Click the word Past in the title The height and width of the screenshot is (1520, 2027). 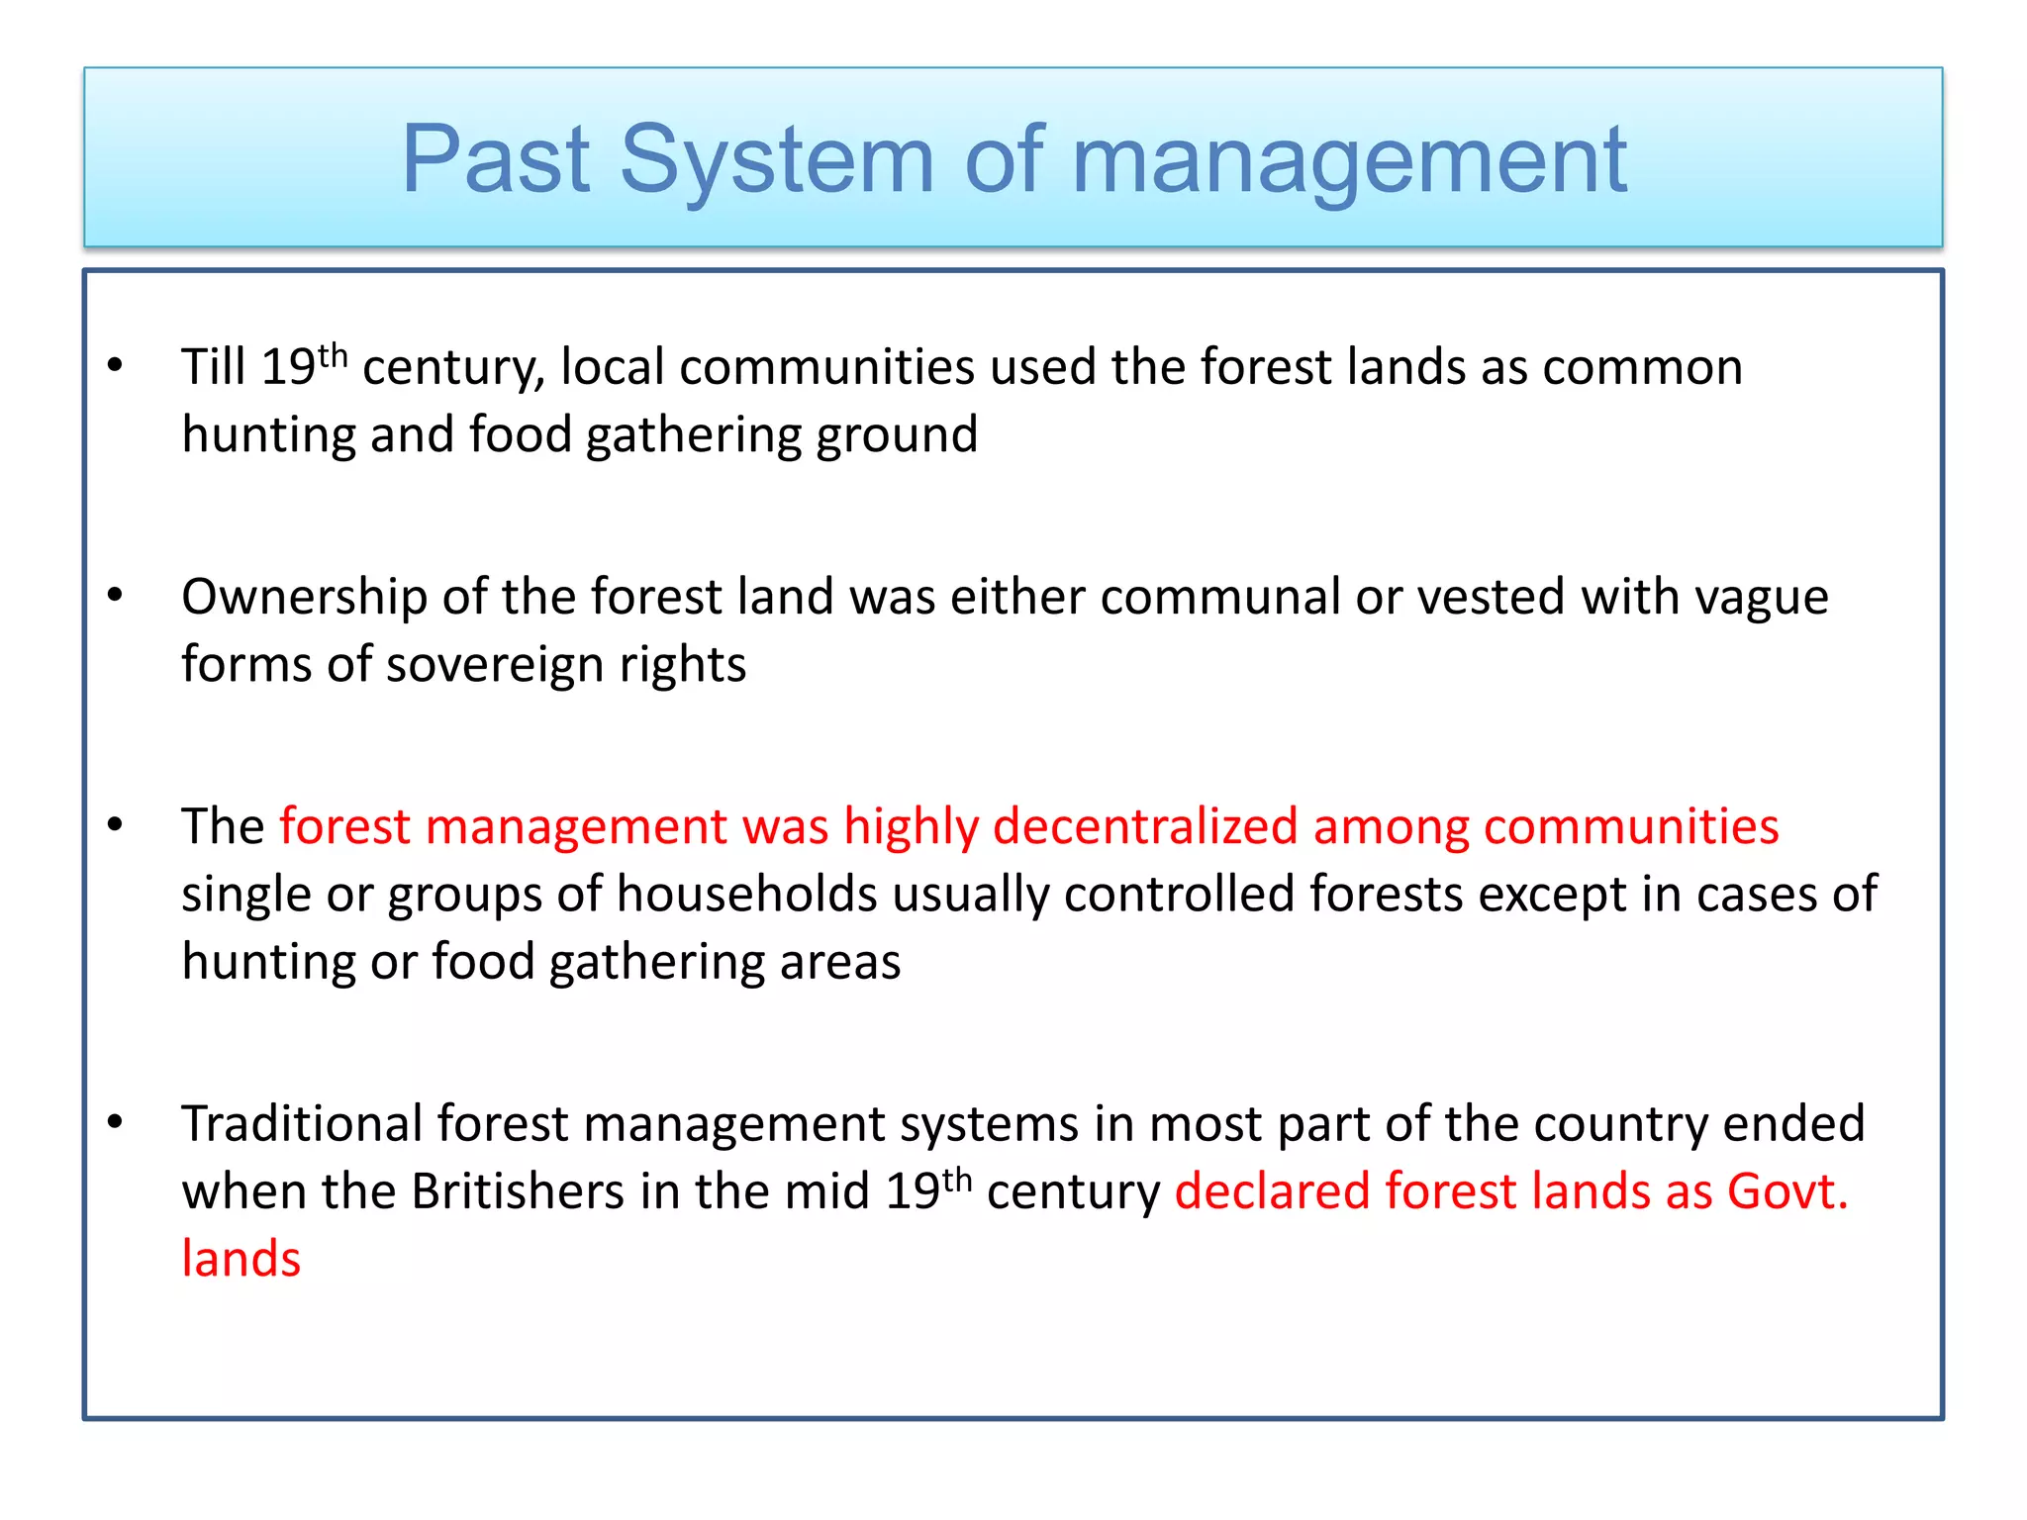click(x=496, y=159)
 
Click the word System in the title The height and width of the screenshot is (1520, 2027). click(x=777, y=159)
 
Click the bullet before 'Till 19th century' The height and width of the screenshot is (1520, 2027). click(x=116, y=365)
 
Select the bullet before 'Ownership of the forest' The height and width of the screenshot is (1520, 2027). click(x=116, y=595)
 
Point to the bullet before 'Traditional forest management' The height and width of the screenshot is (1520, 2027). click(x=116, y=1121)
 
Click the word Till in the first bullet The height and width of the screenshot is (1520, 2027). click(x=213, y=367)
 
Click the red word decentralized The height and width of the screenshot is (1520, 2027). click(x=1145, y=826)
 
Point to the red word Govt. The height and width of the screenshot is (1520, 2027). click(x=1787, y=1191)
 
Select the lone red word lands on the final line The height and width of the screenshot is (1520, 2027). click(x=241, y=1259)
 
